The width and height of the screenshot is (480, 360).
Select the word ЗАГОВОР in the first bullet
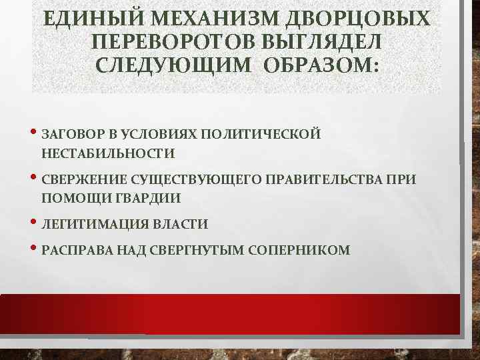(69, 135)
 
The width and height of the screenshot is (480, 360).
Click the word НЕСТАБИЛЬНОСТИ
(108, 154)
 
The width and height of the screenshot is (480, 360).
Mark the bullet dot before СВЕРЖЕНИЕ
(35, 177)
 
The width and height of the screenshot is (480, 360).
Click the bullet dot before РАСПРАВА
(35, 248)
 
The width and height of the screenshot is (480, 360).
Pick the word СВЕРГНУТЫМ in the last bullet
(204, 251)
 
